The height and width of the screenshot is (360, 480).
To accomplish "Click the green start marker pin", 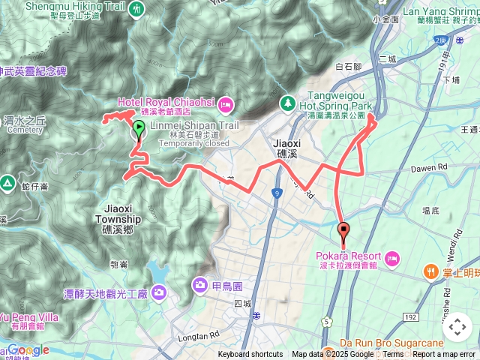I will [x=139, y=130].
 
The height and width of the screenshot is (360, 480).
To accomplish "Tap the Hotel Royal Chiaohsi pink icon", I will [x=226, y=104].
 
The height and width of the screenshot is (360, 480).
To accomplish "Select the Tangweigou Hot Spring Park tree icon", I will [x=286, y=101].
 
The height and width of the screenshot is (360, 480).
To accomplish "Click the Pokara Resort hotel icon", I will [x=391, y=259].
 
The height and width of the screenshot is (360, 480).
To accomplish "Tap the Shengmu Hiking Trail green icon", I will [x=137, y=9].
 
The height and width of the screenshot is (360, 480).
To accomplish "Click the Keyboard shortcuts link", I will [x=250, y=355].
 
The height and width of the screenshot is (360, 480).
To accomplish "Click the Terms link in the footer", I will [x=393, y=355].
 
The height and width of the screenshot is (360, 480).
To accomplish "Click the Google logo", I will [x=28, y=349].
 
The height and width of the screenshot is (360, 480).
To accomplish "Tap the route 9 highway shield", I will [x=277, y=193].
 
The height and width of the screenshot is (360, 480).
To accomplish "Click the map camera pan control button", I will [x=457, y=327].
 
